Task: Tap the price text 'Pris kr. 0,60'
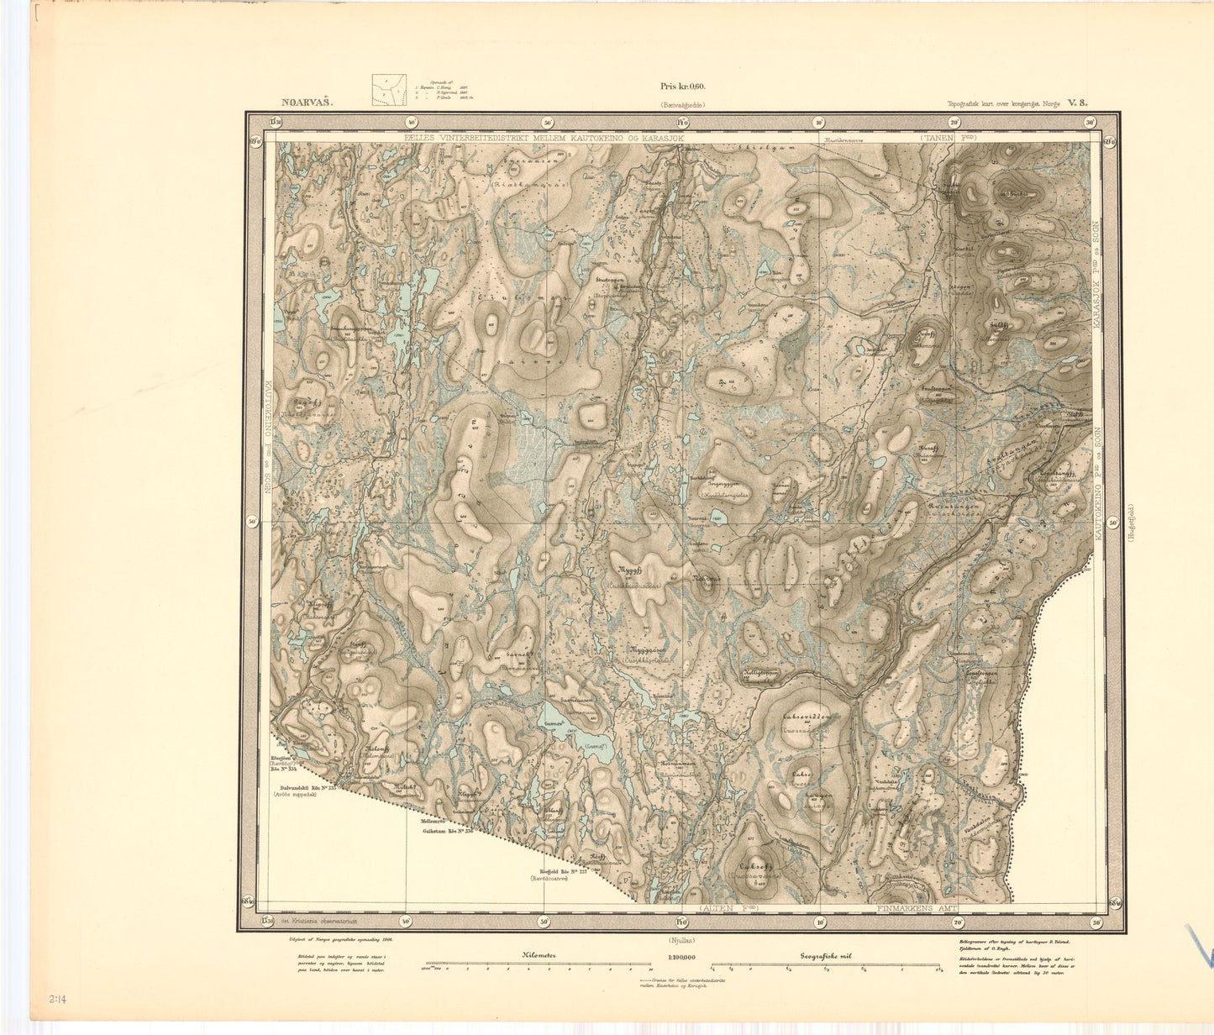(x=682, y=87)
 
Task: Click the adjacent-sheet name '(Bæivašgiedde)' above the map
(x=682, y=105)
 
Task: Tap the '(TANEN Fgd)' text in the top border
(x=949, y=136)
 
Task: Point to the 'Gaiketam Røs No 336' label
(x=448, y=831)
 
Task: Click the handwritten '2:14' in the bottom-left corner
(x=59, y=1001)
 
